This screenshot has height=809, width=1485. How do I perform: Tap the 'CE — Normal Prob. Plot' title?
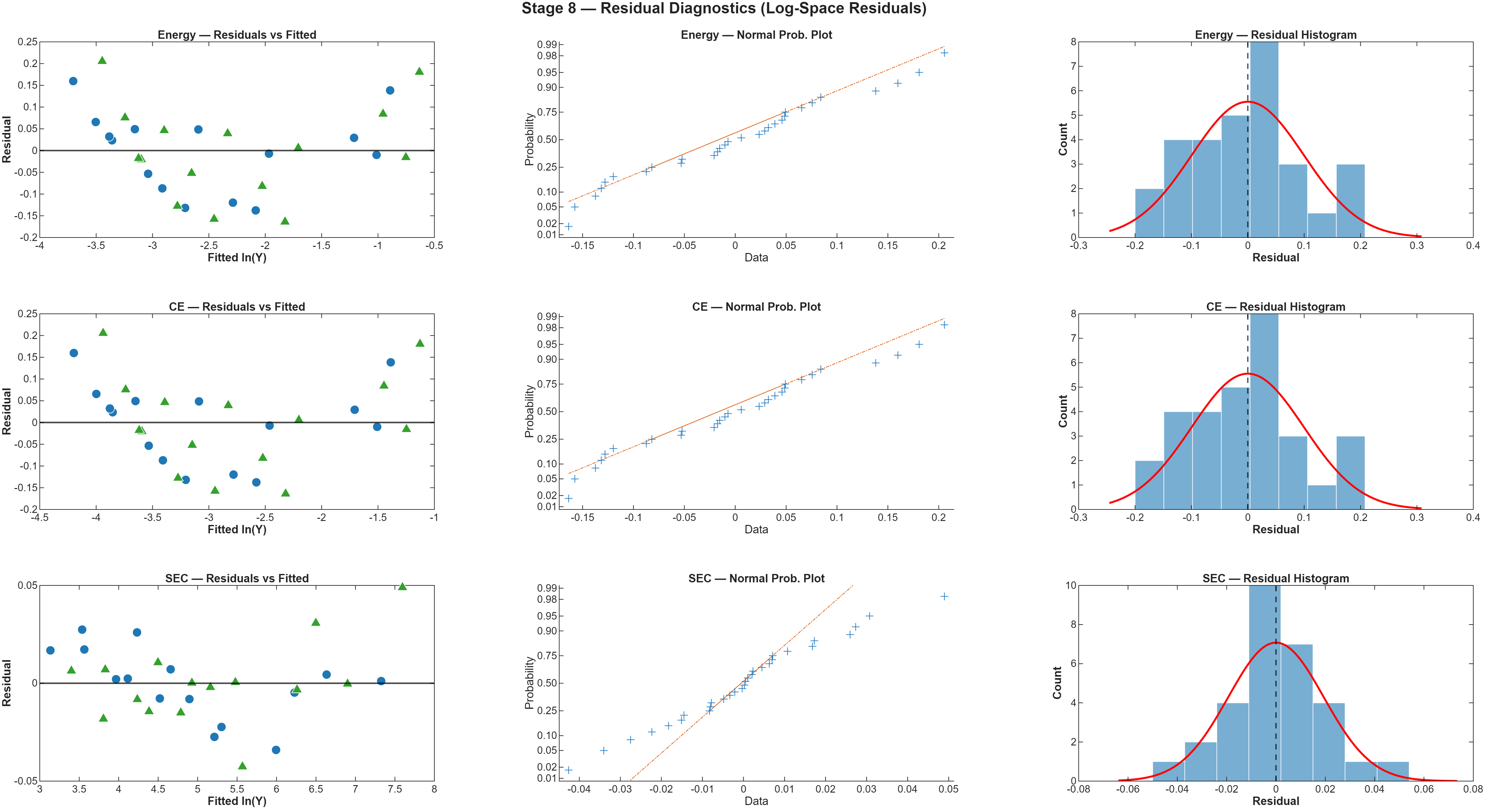pyautogui.click(x=756, y=307)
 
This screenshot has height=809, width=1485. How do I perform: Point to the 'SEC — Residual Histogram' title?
pyautogui.click(x=1276, y=578)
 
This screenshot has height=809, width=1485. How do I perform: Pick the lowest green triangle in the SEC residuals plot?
pyautogui.click(x=242, y=766)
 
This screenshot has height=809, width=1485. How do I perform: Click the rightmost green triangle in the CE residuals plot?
pyautogui.click(x=420, y=343)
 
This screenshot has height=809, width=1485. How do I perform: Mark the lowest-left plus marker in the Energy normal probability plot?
pyautogui.click(x=568, y=226)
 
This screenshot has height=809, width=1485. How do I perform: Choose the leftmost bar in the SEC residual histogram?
pyautogui.click(x=1168, y=771)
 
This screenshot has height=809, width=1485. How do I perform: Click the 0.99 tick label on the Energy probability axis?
pyautogui.click(x=547, y=44)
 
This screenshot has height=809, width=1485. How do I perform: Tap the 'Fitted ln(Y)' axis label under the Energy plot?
pyautogui.click(x=237, y=257)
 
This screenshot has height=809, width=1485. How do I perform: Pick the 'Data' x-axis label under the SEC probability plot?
pyautogui.click(x=756, y=801)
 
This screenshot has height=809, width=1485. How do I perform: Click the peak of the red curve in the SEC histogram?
pyautogui.click(x=1276, y=642)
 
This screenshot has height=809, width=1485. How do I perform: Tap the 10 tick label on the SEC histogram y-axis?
pyautogui.click(x=1071, y=585)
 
